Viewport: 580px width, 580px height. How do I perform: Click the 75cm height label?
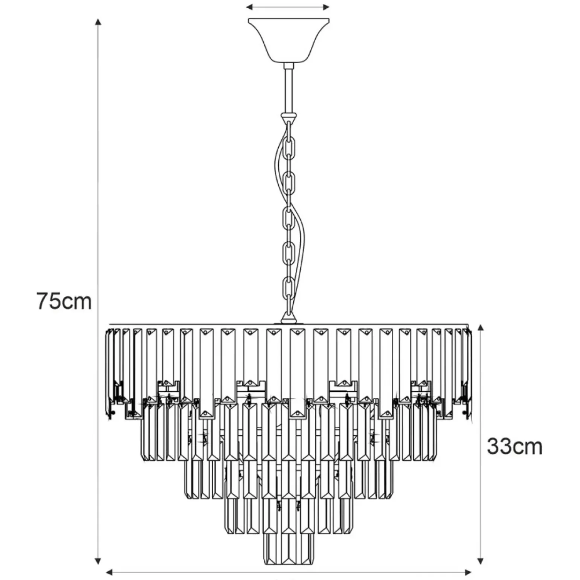64,301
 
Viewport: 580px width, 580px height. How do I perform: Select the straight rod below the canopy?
289,89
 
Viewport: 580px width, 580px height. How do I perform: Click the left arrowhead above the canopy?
250,7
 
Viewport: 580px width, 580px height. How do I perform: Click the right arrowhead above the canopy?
326,7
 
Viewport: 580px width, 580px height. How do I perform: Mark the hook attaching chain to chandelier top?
289,319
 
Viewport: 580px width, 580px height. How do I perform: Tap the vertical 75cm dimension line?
98,296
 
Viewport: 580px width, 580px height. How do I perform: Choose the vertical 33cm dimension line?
480,449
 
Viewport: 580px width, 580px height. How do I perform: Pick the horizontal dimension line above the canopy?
288,7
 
